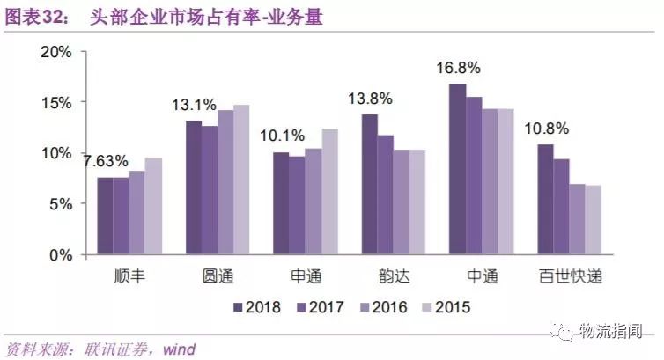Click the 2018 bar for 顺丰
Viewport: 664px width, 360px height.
[x=106, y=217]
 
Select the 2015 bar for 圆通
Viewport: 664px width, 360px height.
[x=241, y=180]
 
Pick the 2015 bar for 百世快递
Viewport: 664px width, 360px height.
[x=594, y=220]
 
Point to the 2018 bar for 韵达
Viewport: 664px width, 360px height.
[x=370, y=185]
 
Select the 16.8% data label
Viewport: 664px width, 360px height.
[x=460, y=69]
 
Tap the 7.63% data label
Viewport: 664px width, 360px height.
[x=106, y=162]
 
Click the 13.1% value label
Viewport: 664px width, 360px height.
[x=194, y=105]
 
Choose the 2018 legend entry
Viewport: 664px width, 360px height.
[x=258, y=307]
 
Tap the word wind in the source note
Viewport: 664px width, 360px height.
[x=177, y=349]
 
